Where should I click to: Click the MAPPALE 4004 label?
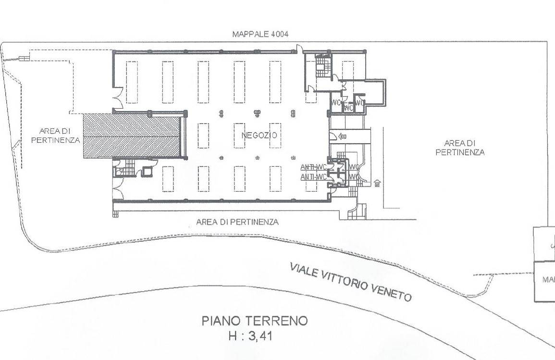pyautogui.click(x=260, y=35)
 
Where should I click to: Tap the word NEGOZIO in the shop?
pyautogui.click(x=259, y=136)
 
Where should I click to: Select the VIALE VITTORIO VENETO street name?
pyautogui.click(x=351, y=282)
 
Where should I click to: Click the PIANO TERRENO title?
pyautogui.click(x=254, y=321)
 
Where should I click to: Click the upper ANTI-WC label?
pyautogui.click(x=313, y=167)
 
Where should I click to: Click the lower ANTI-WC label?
pyautogui.click(x=313, y=177)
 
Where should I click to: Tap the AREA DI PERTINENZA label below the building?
pyautogui.click(x=237, y=222)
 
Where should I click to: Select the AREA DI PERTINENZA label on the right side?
pyautogui.click(x=460, y=148)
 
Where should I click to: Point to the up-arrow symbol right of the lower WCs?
pyautogui.click(x=377, y=183)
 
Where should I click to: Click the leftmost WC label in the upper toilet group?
pyautogui.click(x=336, y=102)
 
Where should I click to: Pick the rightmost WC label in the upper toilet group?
pyautogui.click(x=360, y=102)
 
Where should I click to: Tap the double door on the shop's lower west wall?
pyautogui.click(x=117, y=193)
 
